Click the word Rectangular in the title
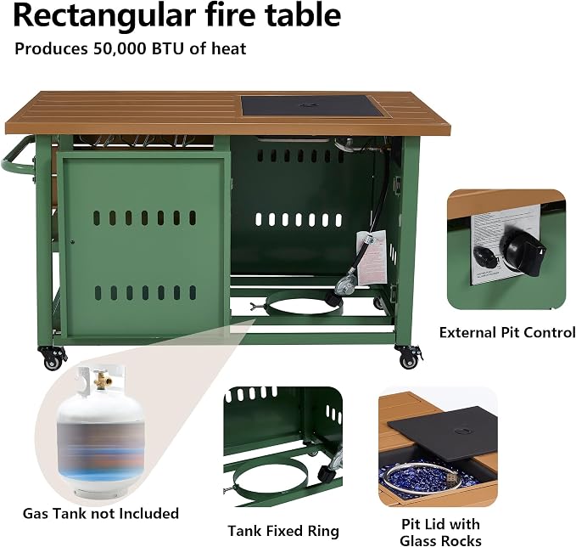[x=104, y=16]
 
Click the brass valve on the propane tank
[x=100, y=381]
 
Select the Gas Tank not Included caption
[x=101, y=513]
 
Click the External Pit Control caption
[x=507, y=333]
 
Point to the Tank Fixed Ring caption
[x=283, y=531]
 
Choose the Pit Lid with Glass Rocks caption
[x=440, y=533]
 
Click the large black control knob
[x=524, y=251]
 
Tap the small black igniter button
[x=485, y=256]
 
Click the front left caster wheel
[x=53, y=358]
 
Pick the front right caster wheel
[x=409, y=357]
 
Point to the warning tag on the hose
[x=372, y=258]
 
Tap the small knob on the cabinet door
[x=72, y=242]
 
